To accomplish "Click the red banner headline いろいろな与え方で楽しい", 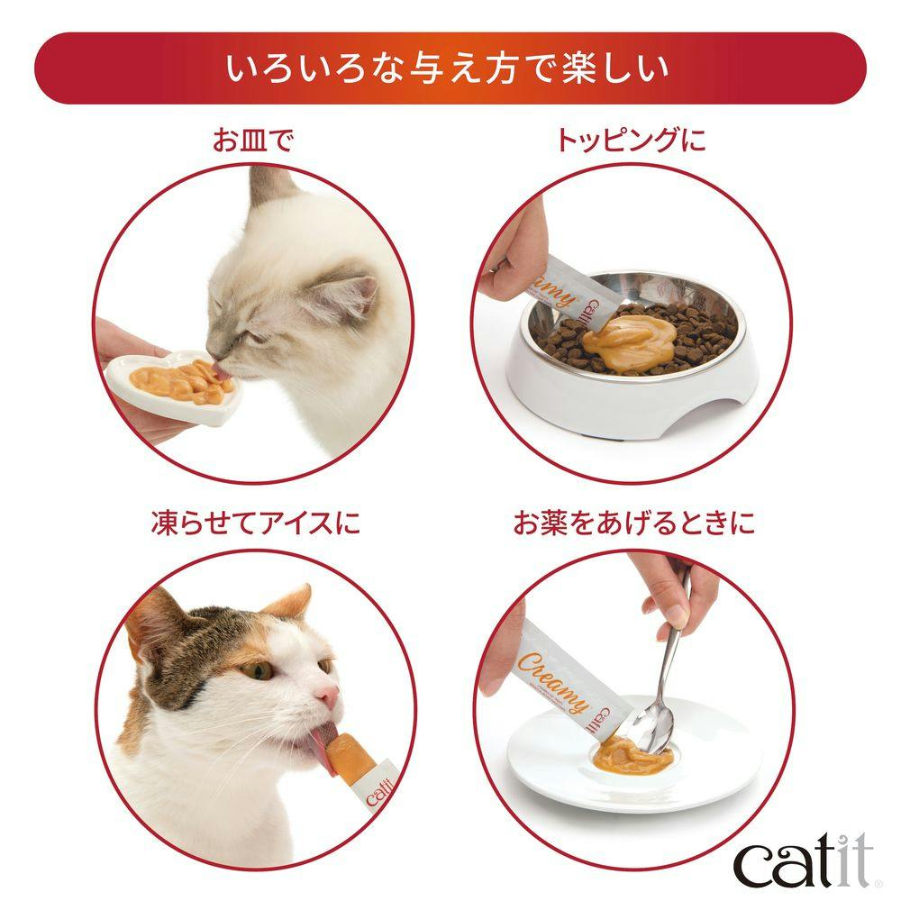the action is point(448,69).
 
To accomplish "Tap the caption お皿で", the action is point(253,141).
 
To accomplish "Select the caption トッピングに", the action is point(631,141).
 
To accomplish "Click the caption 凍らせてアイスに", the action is point(256,523).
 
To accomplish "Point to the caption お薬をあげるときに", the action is point(633,523).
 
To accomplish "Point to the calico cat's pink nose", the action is point(329,696).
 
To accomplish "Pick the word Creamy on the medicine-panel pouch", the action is point(554,682).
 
